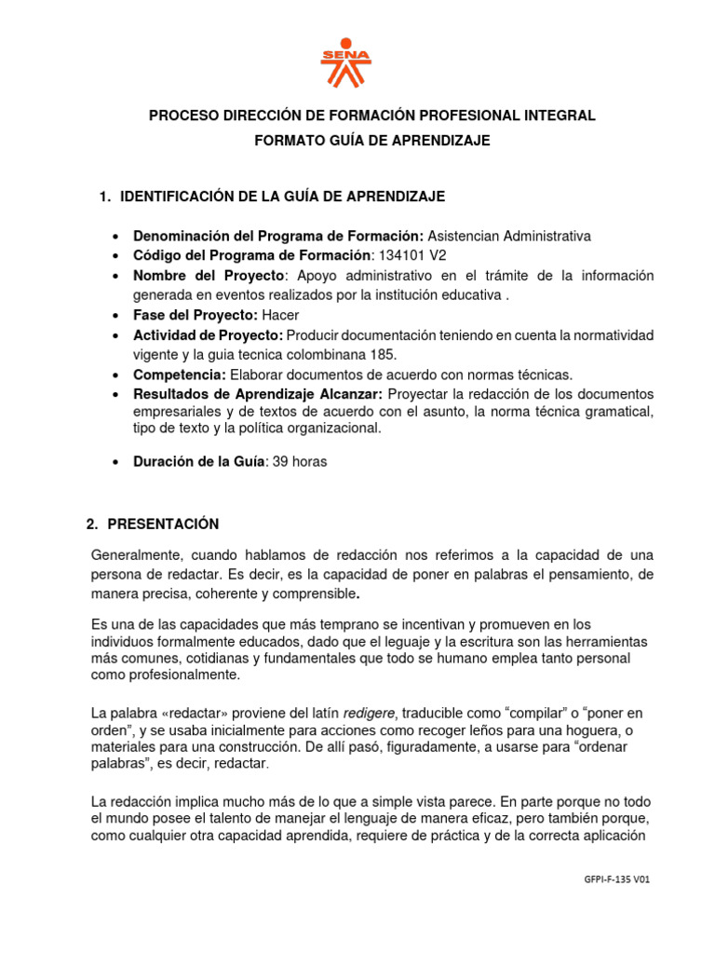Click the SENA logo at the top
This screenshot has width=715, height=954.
tap(345, 62)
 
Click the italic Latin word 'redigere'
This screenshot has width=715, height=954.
tap(370, 713)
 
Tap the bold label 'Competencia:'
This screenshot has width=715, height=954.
tap(180, 375)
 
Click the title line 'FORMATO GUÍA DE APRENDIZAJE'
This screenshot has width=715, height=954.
tap(372, 141)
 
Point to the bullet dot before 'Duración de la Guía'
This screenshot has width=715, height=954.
tap(114, 462)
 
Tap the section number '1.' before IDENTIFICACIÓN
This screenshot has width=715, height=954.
tap(105, 197)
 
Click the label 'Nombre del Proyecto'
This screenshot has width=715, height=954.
tap(208, 276)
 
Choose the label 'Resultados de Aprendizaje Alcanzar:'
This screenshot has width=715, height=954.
tap(258, 394)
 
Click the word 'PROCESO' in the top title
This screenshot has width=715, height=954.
tap(183, 116)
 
